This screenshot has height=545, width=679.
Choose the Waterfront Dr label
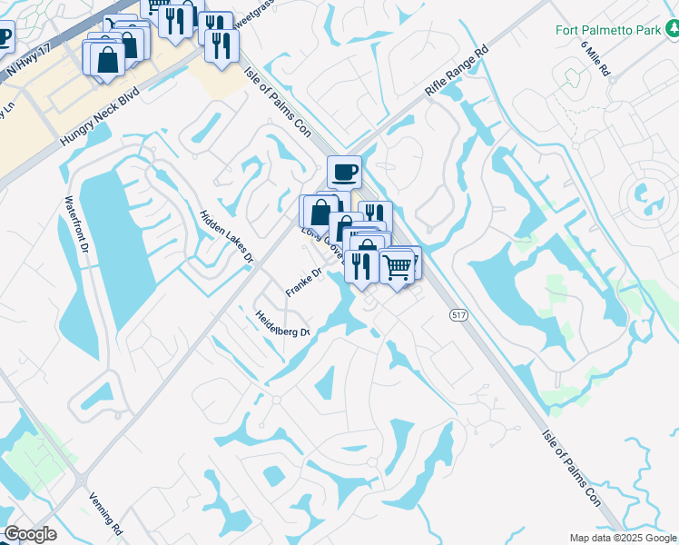(75, 223)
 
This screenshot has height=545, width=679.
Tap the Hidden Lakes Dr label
(226, 237)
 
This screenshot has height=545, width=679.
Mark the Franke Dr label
(304, 282)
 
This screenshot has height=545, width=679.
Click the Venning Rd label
(106, 513)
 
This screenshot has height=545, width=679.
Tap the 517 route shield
(458, 314)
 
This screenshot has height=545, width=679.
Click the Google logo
(30, 534)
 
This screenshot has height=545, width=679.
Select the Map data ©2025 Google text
(623, 538)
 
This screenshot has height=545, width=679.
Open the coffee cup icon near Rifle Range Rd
(344, 171)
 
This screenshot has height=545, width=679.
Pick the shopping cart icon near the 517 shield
(397, 267)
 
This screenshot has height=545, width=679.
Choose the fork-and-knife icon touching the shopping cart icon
(362, 265)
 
